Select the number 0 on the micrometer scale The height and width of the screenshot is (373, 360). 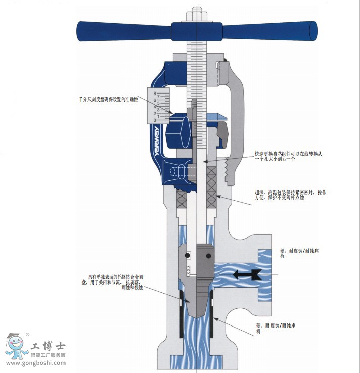[155, 120]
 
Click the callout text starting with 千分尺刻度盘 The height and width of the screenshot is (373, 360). [108, 100]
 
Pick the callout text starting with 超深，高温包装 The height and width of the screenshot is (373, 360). [290, 195]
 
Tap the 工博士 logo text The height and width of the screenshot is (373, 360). [48, 347]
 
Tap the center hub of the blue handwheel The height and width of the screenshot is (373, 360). [196, 31]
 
